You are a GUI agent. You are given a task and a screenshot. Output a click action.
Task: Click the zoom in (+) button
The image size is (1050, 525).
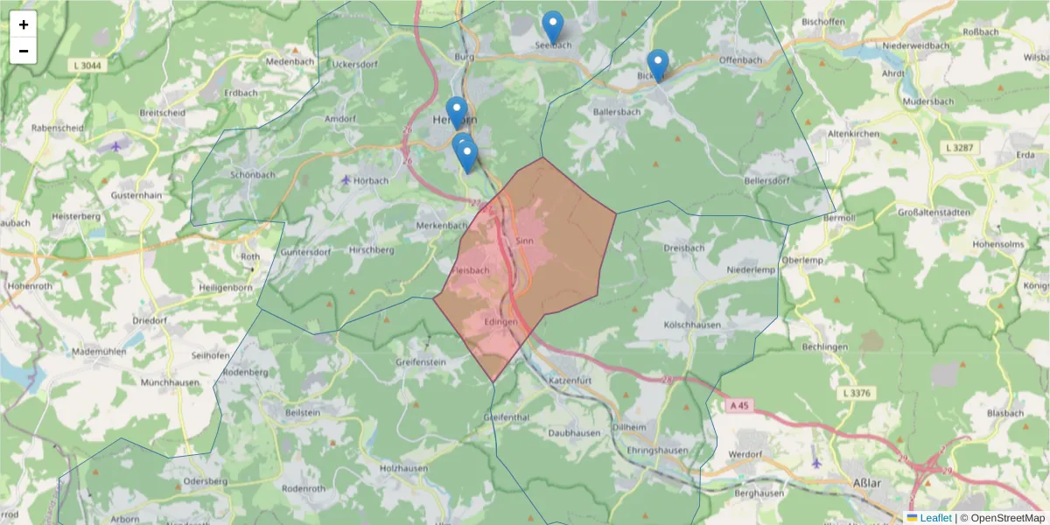24,24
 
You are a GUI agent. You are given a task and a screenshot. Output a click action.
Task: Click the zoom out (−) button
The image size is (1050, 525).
24,51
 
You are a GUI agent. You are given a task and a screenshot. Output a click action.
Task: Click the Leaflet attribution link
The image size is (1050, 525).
934,518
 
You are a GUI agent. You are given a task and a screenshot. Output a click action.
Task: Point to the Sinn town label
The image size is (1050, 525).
525,241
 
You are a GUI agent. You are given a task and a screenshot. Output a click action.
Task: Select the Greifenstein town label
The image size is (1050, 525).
421,361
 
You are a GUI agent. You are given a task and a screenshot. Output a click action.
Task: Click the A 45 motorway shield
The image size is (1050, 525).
738,406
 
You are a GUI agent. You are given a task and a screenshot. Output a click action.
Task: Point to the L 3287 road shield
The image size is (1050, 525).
960,148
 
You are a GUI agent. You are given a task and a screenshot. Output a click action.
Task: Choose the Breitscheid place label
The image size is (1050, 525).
161,113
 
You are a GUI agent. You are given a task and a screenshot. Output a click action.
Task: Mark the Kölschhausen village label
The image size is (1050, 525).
692,325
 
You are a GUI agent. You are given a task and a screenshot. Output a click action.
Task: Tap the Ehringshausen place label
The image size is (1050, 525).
657,449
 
